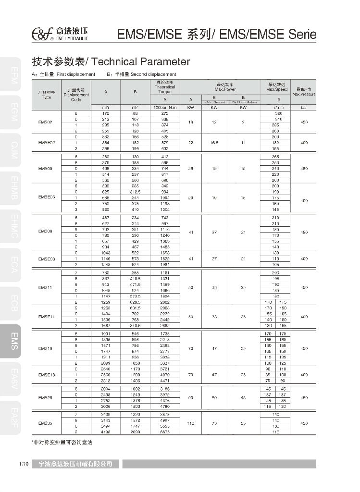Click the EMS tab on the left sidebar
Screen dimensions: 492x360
coord(14,344)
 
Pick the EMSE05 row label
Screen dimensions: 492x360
coord(47,197)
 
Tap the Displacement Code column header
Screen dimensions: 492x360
coord(76,95)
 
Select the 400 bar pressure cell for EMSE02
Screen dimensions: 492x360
coord(304,143)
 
